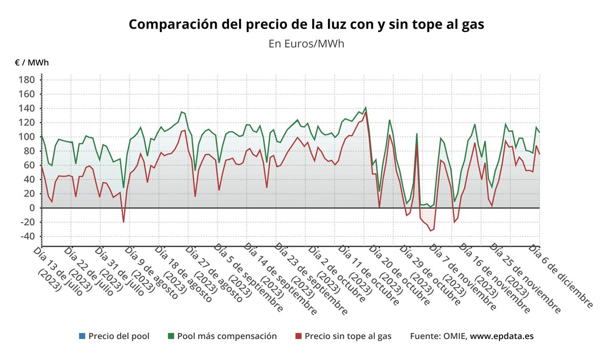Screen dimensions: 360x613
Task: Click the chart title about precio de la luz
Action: [306, 24]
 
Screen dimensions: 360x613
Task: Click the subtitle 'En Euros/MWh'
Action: [306, 44]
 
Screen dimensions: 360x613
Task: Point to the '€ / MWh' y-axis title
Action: [32, 63]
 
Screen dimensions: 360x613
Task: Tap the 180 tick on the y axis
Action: [27, 80]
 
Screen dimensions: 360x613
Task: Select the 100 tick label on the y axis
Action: [27, 137]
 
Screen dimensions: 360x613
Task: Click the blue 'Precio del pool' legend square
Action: [82, 336]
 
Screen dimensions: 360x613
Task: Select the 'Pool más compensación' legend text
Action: [227, 336]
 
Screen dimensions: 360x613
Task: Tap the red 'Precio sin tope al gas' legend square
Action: [299, 336]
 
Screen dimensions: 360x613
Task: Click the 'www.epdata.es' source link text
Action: [502, 336]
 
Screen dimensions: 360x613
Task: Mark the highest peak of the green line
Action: [365, 108]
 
